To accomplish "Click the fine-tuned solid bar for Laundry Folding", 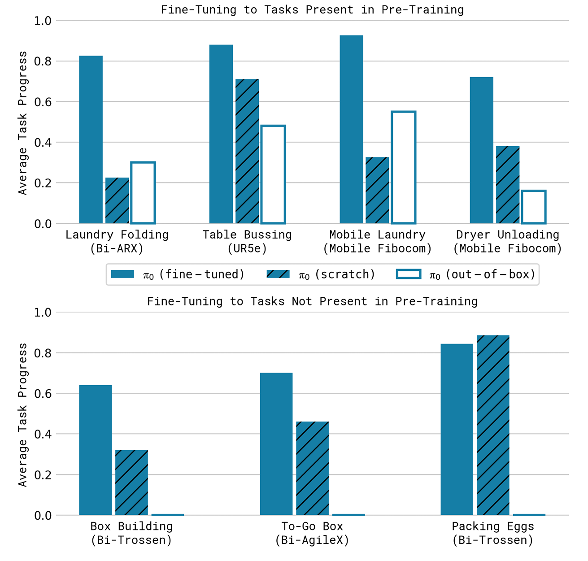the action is point(91,139).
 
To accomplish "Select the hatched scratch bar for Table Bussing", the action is point(247,151).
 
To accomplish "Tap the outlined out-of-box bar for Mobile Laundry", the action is point(404,167).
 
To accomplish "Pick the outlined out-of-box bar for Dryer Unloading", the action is point(534,207).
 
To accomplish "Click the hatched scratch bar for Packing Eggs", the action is point(493,425).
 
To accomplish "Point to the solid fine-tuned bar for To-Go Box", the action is point(276,444).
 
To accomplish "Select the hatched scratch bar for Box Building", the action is point(131,483).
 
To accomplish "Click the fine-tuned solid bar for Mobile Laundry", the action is point(352,129).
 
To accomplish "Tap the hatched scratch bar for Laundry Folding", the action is point(117,200).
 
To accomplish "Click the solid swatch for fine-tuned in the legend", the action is point(122,274).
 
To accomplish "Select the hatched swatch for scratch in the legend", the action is point(278,274).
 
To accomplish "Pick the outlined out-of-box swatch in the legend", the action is point(409,274).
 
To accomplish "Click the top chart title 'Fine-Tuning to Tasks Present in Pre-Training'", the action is point(312,10).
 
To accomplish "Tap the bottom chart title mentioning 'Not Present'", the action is point(312,301).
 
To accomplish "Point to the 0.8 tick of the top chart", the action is point(43,61).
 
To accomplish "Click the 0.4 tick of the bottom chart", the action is point(43,434).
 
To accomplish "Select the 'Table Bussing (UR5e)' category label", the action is point(247,242).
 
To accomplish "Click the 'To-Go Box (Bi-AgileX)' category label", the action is point(312,534).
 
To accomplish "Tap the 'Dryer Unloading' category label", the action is point(508,235).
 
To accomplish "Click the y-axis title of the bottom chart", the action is point(22,415).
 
